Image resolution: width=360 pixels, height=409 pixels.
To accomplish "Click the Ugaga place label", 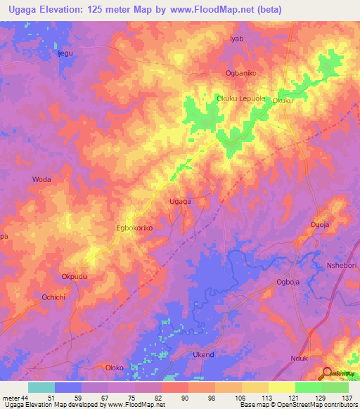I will tap(181, 202).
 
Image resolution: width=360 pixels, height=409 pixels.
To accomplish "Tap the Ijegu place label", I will tap(65, 53).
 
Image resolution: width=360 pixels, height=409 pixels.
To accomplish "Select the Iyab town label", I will tap(236, 39).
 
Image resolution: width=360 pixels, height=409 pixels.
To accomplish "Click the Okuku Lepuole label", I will tap(241, 99).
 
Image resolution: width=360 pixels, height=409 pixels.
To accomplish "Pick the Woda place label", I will tap(42, 180).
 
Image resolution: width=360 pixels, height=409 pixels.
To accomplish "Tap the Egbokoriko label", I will tap(134, 228).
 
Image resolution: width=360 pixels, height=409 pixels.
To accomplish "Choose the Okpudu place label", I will tap(75, 277).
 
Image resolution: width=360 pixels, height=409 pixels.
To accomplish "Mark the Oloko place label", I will tap(114, 368).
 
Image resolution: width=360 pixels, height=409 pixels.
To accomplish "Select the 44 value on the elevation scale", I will tap(22, 397).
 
